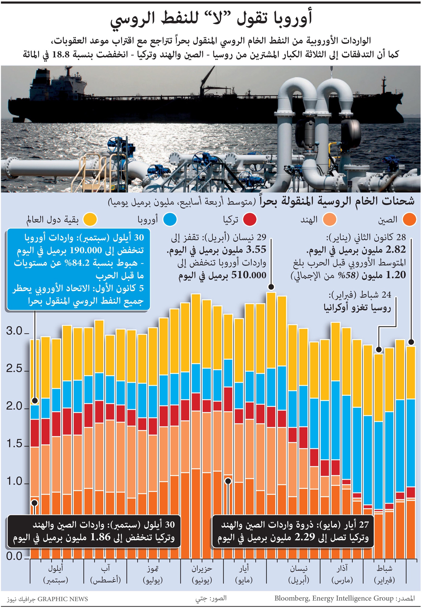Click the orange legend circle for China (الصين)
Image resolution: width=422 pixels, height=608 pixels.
pos(409,220)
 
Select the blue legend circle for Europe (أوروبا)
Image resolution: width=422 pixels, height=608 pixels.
pos(170,220)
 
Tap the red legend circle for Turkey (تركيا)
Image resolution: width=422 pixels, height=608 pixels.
pos(249,220)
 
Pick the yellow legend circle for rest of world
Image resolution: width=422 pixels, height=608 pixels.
pos(90,220)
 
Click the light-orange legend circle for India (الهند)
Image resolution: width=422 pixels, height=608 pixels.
pos(329,220)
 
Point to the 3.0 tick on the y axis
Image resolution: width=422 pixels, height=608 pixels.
pos(26,334)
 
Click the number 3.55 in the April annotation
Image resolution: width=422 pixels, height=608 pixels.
pos(256,250)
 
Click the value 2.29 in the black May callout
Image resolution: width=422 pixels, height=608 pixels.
pos(305,537)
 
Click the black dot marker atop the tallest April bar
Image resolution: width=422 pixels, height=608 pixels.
pos(271,287)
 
